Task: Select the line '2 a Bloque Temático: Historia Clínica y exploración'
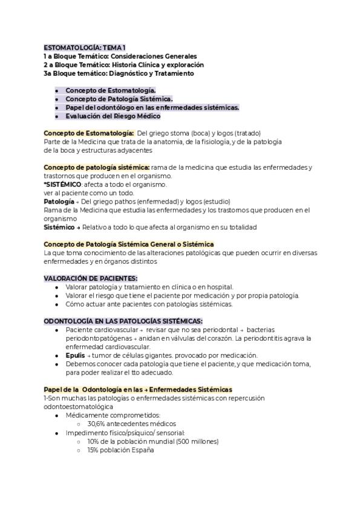click(x=123, y=64)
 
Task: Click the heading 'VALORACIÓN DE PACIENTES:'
click(x=82, y=278)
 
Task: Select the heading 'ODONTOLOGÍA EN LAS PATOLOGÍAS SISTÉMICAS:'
click(x=123, y=320)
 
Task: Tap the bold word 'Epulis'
click(x=76, y=355)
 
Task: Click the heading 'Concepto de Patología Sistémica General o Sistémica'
click(x=125, y=244)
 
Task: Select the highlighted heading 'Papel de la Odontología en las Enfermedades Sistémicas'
click(x=138, y=389)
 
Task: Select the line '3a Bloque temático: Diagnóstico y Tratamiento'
click(x=119, y=73)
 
